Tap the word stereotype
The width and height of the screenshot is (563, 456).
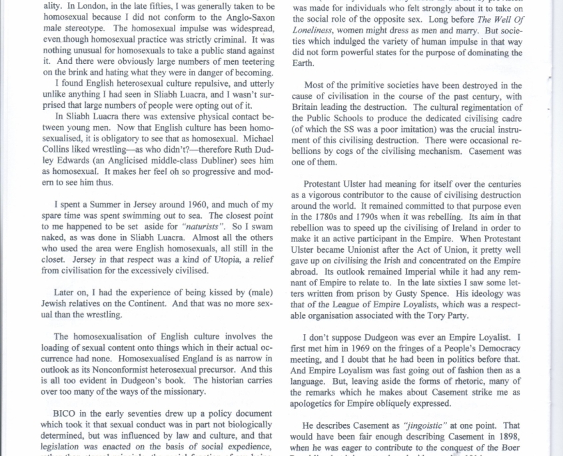(x=86, y=28)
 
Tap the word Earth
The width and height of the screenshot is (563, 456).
(x=304, y=63)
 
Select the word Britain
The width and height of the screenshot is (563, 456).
(x=308, y=107)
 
